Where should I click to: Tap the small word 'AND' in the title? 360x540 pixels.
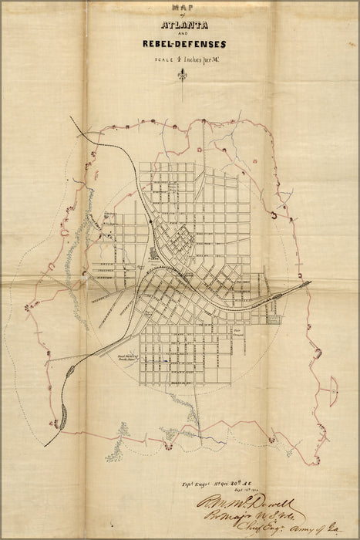pyautogui.click(x=182, y=35)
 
